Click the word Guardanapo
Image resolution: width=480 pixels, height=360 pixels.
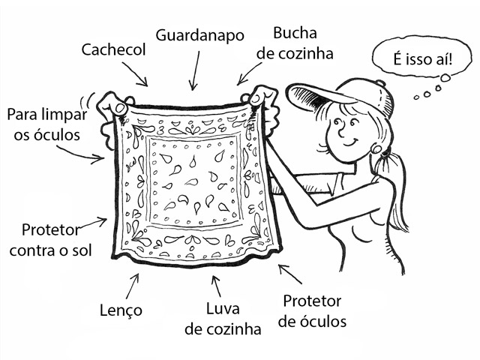click(x=199, y=35)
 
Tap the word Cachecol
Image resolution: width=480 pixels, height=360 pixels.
click(x=113, y=49)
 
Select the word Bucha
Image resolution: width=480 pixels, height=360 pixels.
click(x=295, y=33)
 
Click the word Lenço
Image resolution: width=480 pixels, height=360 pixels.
click(x=121, y=310)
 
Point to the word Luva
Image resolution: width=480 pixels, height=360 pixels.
click(x=223, y=308)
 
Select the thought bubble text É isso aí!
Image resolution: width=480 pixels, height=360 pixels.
click(x=423, y=59)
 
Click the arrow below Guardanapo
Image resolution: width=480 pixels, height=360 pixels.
click(x=195, y=70)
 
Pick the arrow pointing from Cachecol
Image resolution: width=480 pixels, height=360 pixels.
click(x=135, y=74)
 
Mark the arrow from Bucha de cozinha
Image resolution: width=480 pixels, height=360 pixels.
click(x=249, y=73)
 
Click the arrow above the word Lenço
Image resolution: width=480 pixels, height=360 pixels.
click(x=133, y=286)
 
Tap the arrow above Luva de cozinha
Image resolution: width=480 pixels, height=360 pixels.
click(x=217, y=286)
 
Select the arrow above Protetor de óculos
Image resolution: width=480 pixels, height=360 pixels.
click(x=290, y=274)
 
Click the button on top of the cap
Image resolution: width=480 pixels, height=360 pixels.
click(x=380, y=82)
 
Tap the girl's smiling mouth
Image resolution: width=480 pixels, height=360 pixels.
click(x=351, y=142)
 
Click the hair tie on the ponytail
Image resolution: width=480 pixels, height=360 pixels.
click(x=386, y=151)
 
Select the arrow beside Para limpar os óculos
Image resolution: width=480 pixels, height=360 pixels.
click(x=81, y=154)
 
